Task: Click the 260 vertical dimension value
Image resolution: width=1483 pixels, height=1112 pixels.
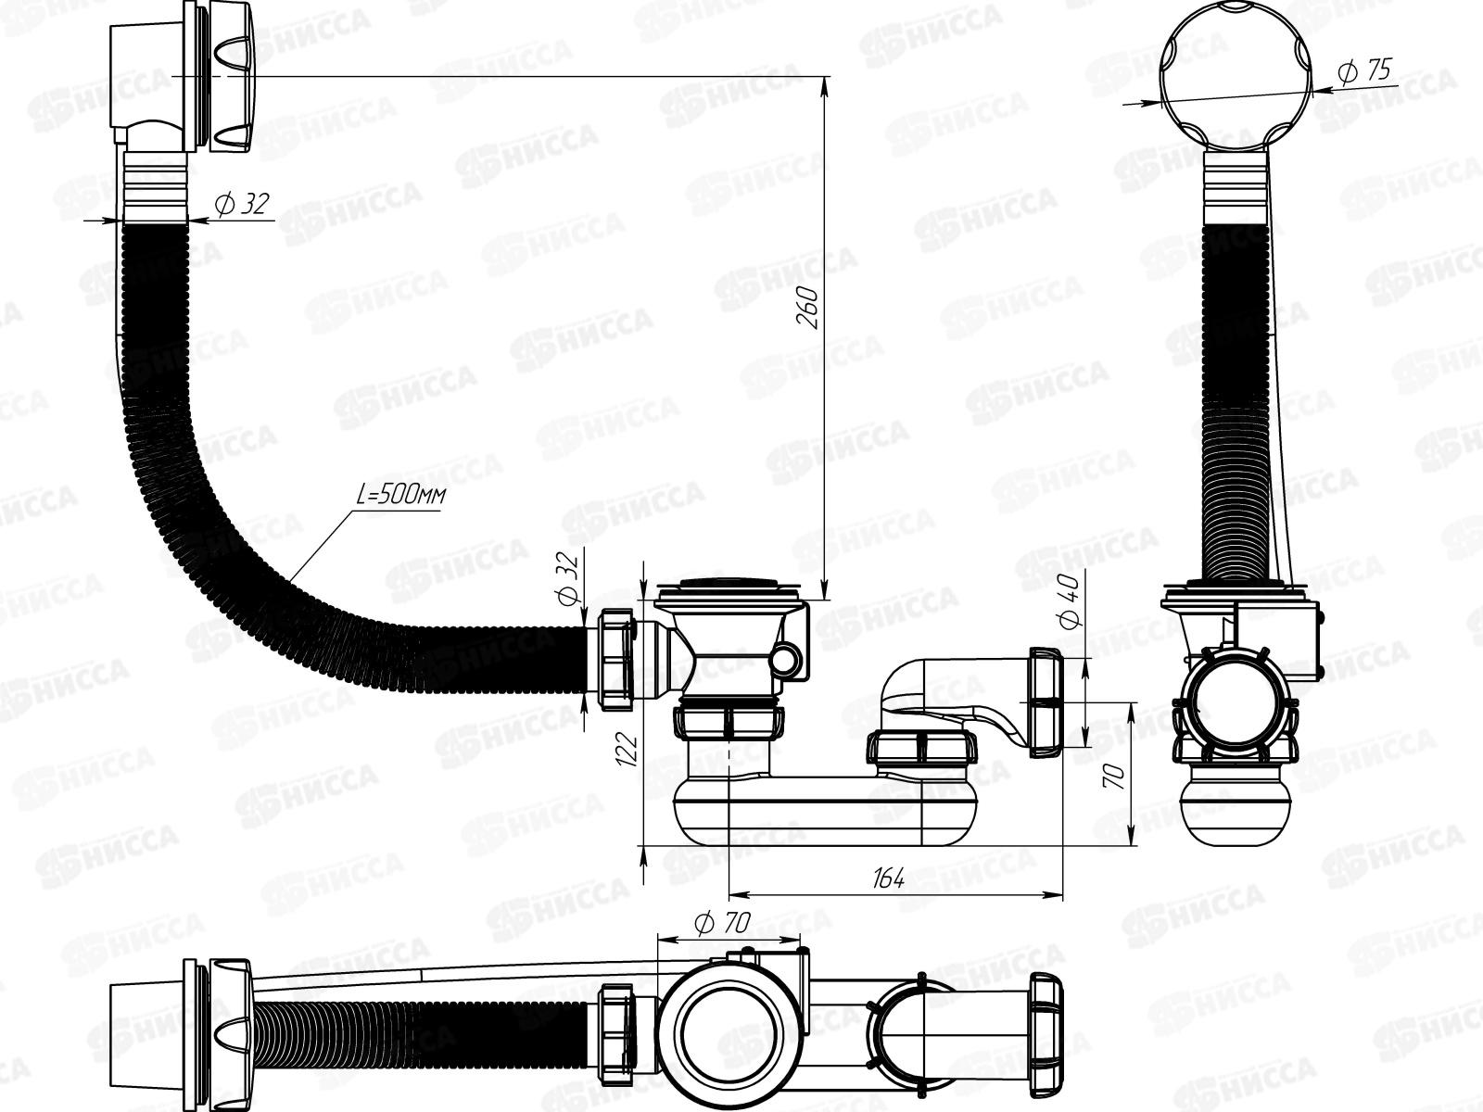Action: [x=808, y=308]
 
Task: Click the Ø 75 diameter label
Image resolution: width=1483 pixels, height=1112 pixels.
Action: [x=1364, y=71]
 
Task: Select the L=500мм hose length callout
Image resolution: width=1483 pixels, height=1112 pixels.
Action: [x=400, y=497]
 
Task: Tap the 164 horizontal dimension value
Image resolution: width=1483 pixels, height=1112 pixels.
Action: [x=888, y=879]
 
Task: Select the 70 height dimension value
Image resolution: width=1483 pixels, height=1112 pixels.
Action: [x=1114, y=777]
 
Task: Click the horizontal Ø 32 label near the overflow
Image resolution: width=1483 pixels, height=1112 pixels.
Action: [x=242, y=204]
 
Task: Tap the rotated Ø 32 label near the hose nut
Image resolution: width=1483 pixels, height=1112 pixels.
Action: [x=567, y=577]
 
